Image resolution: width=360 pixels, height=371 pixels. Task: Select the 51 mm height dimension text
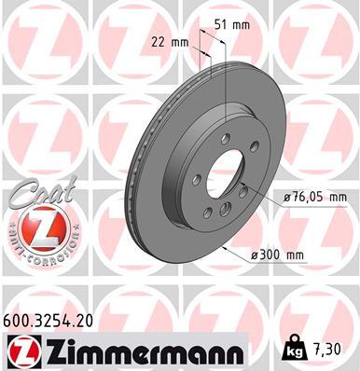233,24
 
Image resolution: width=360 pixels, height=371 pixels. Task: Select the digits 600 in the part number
18,318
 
